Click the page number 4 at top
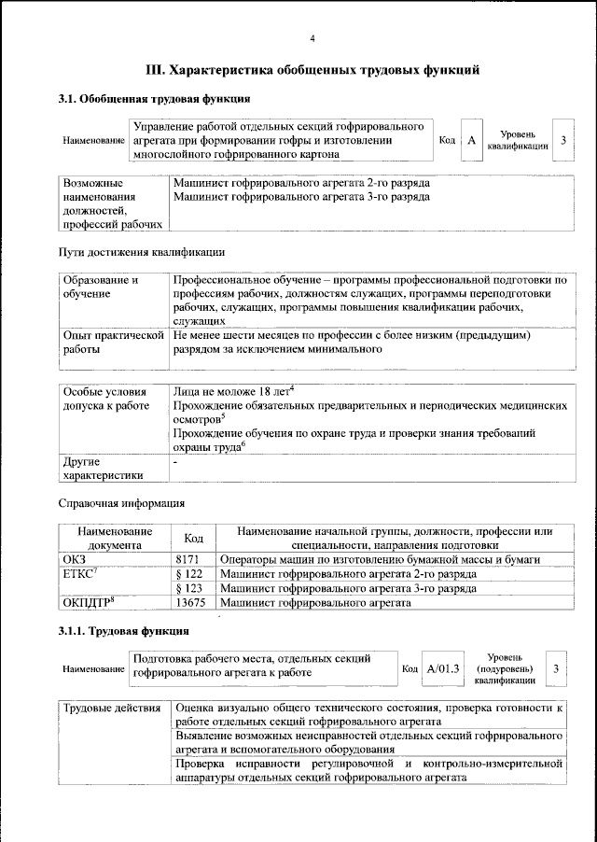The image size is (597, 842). (x=312, y=37)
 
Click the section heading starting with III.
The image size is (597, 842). (x=312, y=69)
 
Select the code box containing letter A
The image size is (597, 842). (x=472, y=140)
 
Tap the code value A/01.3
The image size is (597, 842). (x=443, y=669)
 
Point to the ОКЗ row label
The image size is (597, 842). (x=75, y=557)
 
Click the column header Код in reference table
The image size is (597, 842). (x=193, y=538)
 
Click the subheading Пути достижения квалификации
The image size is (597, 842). (x=141, y=251)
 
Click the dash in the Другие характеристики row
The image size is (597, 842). (x=175, y=462)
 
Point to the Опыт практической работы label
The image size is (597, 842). (x=112, y=342)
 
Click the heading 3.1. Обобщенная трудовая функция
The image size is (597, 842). (x=154, y=98)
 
